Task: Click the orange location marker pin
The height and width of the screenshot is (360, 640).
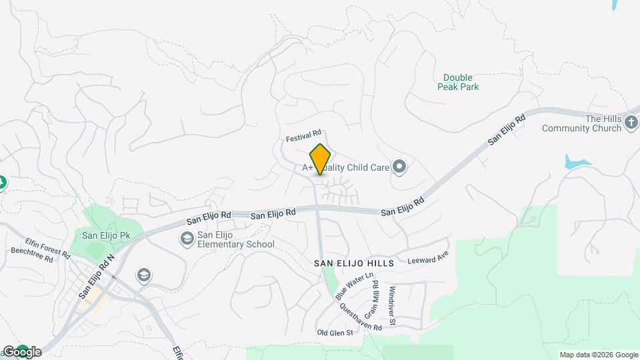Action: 320,159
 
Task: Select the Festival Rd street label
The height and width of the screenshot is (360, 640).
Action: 304,137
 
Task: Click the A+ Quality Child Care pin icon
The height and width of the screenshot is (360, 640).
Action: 399,166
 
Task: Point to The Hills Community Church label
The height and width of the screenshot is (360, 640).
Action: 582,123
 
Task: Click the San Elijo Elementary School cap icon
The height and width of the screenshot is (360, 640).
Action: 187,238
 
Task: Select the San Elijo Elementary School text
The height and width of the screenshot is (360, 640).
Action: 236,239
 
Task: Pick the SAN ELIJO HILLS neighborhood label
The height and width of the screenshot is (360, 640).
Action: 354,263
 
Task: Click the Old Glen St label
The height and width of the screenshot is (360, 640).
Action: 335,333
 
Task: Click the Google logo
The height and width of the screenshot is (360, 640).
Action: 22,351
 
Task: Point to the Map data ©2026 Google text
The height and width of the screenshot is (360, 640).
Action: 599,355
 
